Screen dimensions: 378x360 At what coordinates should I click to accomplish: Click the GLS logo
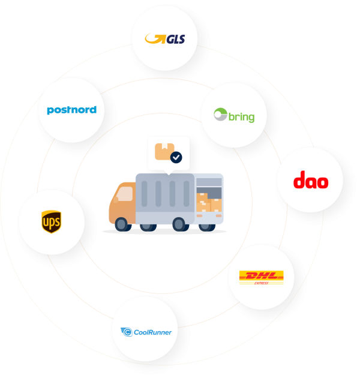click(x=165, y=39)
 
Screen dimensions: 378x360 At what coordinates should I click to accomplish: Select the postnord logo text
click(x=71, y=110)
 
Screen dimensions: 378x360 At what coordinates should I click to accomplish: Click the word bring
click(x=241, y=116)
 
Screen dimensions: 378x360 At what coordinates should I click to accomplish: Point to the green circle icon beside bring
click(x=220, y=115)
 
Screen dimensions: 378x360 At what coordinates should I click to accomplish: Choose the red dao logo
click(x=310, y=180)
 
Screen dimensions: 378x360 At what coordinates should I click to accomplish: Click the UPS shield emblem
click(x=51, y=221)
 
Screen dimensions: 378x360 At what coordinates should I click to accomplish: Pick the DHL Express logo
click(x=262, y=277)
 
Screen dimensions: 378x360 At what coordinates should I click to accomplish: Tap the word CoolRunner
click(x=153, y=332)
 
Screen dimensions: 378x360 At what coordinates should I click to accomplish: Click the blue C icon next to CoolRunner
click(x=127, y=332)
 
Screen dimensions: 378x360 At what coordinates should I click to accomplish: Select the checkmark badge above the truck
click(x=176, y=157)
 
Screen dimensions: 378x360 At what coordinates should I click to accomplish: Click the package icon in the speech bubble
click(x=163, y=151)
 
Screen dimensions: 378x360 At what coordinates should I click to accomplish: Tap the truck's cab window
click(x=125, y=194)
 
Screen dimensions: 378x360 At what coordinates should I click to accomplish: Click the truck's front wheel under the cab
click(x=122, y=224)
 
